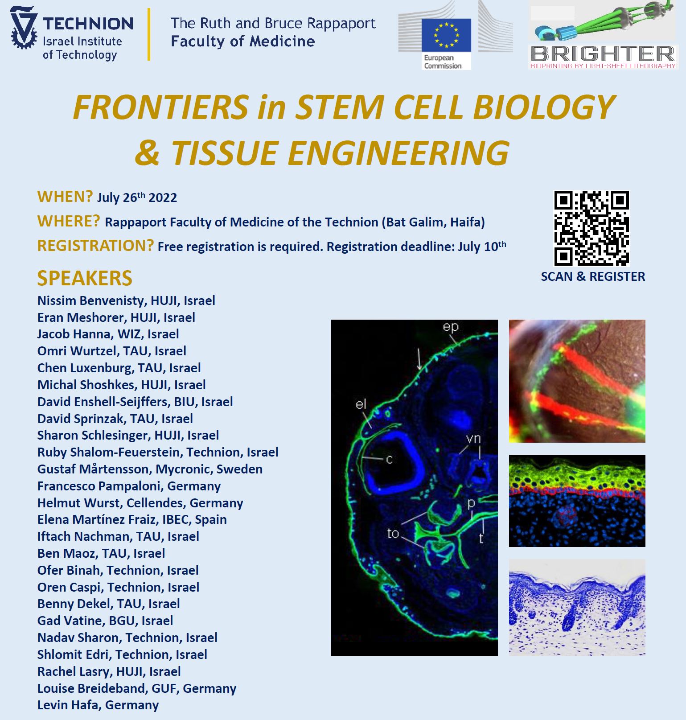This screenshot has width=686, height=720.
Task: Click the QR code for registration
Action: point(591,228)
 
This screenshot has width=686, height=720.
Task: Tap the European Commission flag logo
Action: point(446,35)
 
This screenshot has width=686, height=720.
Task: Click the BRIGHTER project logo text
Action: point(603,54)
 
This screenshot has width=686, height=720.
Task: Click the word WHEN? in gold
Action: point(65,197)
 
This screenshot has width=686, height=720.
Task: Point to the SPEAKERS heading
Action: point(85,278)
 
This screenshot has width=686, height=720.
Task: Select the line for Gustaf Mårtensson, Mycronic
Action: point(150,469)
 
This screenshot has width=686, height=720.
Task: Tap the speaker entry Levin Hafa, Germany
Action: point(98,705)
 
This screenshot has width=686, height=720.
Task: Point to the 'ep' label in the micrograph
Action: point(450,327)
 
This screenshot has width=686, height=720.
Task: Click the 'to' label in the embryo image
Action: point(392,533)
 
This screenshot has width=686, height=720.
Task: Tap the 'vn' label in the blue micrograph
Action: point(473,439)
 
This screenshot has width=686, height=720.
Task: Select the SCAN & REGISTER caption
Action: point(592,276)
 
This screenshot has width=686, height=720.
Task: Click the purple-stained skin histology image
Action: point(577,607)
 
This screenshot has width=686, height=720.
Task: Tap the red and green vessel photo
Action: point(577,381)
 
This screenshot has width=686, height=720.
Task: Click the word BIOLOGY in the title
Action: point(544,107)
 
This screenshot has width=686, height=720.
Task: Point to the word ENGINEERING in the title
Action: point(398,153)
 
